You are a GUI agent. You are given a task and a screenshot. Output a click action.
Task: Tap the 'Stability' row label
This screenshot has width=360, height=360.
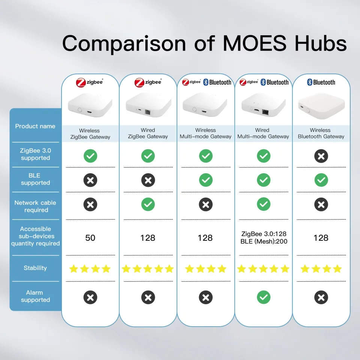coord(35,268)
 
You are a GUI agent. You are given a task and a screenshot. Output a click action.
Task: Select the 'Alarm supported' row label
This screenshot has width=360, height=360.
coord(35,296)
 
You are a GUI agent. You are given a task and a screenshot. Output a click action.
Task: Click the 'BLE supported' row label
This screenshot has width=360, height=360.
coord(35,179)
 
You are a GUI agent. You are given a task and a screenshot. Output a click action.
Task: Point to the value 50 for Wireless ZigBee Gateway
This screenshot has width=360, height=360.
coord(90,238)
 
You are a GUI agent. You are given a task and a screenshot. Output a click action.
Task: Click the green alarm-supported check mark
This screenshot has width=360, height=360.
coord(263,298)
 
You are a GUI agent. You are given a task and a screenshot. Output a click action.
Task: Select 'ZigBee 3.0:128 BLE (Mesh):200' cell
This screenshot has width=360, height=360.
coord(264,238)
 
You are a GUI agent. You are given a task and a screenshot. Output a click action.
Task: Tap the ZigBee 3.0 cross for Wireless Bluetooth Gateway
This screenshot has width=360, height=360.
coord(321,156)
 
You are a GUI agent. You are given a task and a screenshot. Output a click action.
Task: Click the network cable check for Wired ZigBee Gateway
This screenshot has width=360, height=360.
coord(148,205)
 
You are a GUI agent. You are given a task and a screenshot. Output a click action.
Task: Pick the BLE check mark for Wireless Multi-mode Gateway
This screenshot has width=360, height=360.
coord(205,180)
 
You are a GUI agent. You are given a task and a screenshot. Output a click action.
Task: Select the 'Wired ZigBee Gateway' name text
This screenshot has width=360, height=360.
coord(148,133)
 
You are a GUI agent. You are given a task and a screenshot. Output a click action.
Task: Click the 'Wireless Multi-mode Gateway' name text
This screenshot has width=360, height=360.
coord(205,133)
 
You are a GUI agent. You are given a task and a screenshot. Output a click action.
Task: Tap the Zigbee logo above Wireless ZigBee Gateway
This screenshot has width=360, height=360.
coord(90,82)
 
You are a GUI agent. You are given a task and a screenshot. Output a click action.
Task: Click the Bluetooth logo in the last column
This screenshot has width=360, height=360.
coord(321,82)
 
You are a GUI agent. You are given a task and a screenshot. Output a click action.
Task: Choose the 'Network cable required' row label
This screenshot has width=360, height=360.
coord(35,206)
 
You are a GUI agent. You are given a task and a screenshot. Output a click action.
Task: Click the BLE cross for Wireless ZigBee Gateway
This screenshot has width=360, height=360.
coord(90,180)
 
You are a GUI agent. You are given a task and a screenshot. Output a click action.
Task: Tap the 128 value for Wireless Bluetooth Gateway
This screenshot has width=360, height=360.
coord(321,238)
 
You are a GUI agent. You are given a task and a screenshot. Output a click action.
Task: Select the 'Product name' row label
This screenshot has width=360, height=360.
coord(35,126)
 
